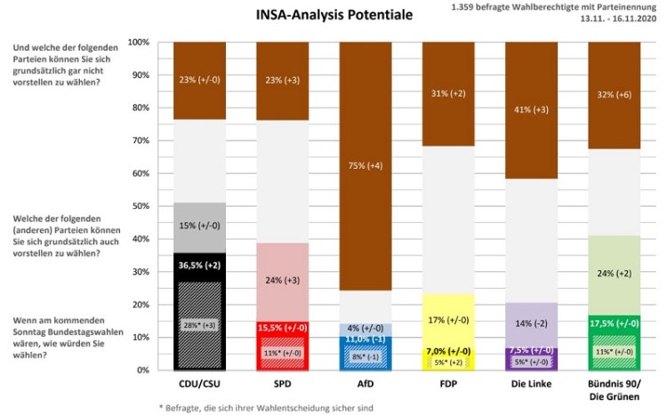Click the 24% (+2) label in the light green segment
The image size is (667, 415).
613,274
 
